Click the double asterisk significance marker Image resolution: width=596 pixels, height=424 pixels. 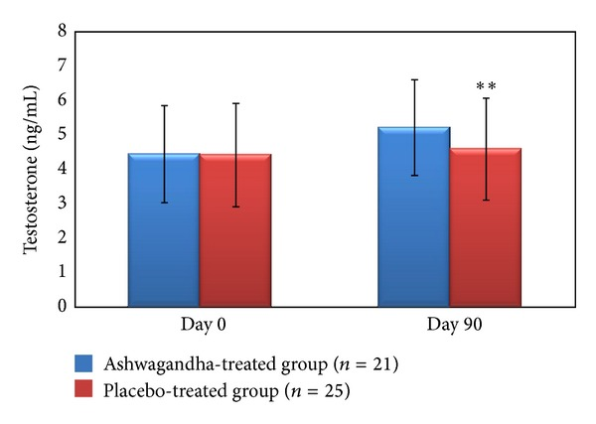[486, 87]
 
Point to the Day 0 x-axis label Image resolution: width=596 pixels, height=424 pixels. [200, 325]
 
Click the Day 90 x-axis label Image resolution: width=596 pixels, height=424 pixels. [450, 325]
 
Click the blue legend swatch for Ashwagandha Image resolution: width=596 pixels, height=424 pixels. [83, 364]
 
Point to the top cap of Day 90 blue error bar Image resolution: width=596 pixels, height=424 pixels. [414, 79]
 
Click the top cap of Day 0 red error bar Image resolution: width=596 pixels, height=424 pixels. [235, 103]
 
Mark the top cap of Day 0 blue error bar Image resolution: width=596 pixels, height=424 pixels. [164, 105]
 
